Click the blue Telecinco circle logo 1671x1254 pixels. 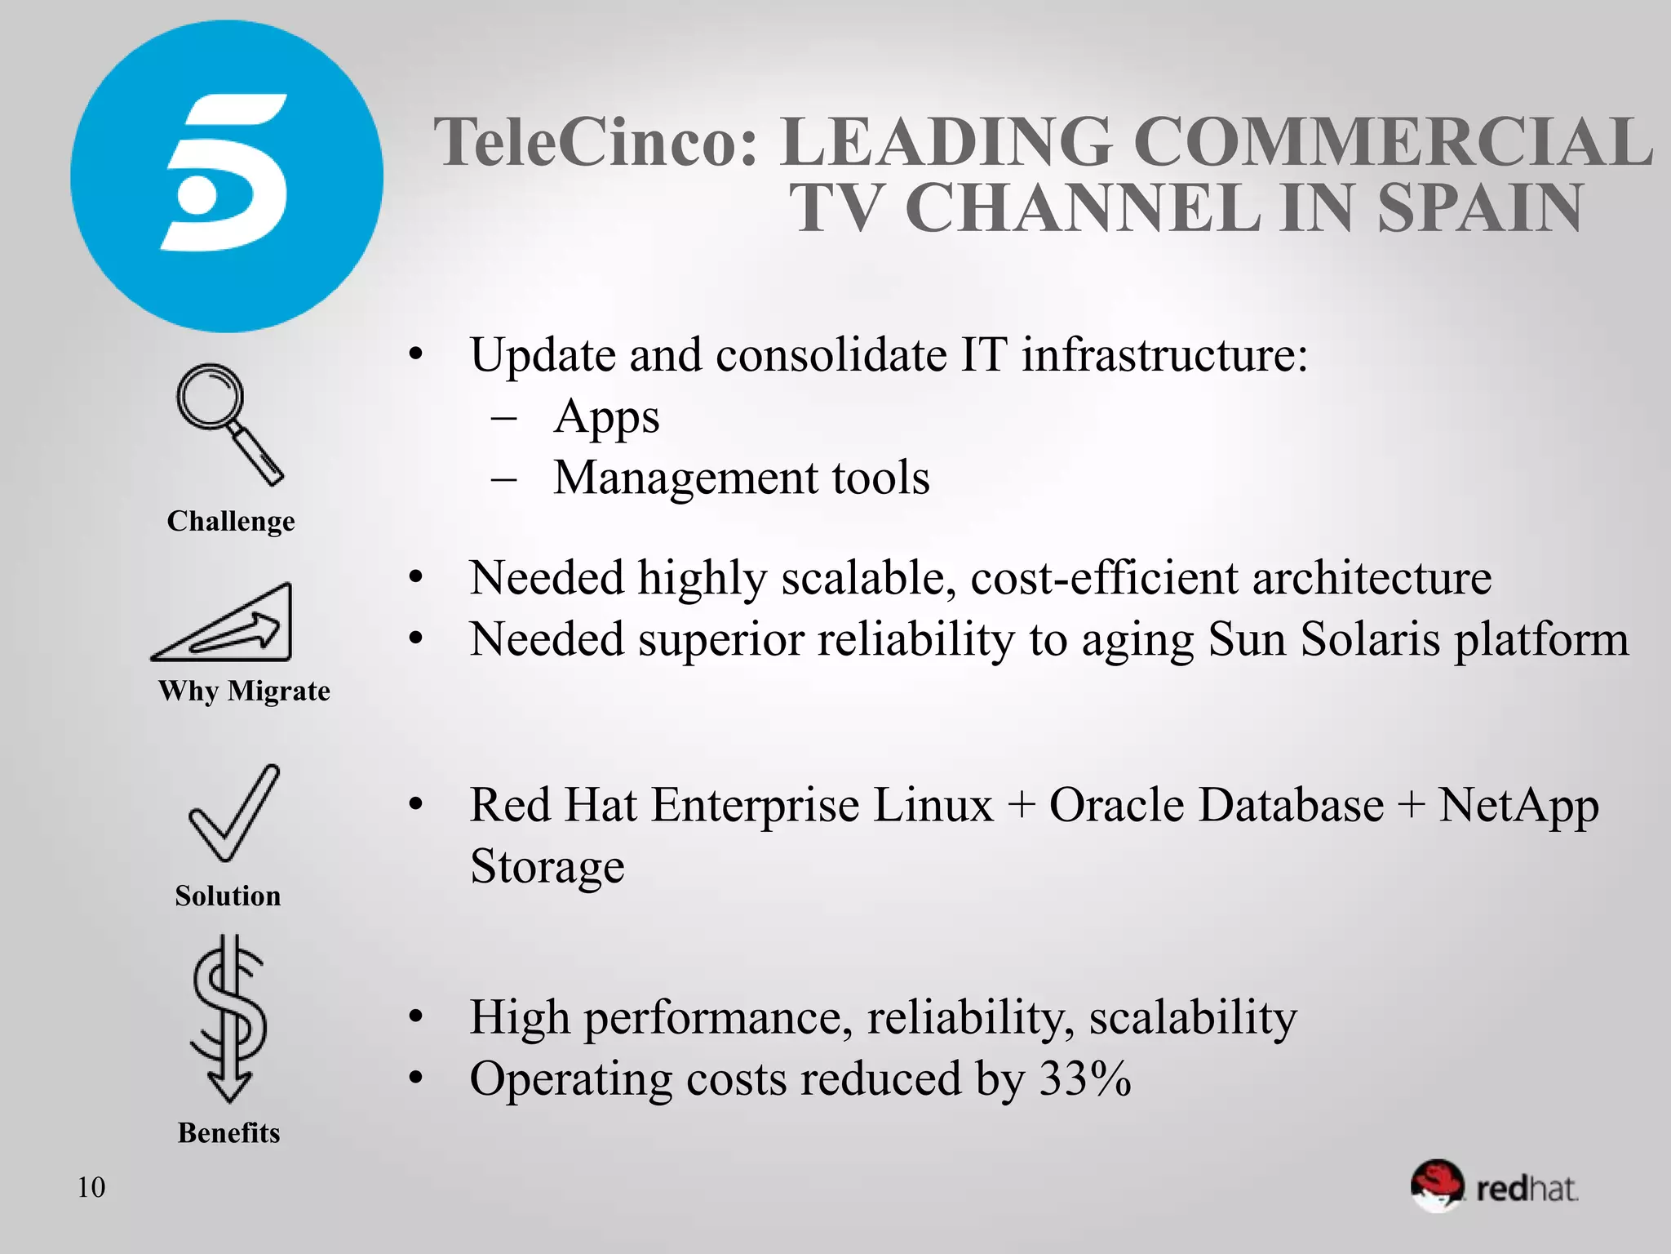(x=226, y=176)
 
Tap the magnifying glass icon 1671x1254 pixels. (x=229, y=423)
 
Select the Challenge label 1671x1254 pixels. (x=231, y=521)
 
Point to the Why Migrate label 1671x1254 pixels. (x=244, y=691)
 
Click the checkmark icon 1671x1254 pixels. (x=233, y=813)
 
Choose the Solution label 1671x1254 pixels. (x=228, y=896)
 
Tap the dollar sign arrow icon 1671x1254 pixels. (x=229, y=1018)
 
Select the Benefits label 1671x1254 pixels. (x=228, y=1133)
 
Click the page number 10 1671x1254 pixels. (x=91, y=1187)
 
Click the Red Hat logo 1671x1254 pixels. (x=1495, y=1186)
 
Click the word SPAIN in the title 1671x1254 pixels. (x=1479, y=208)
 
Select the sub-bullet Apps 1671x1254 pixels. (x=606, y=418)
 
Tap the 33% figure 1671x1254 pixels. (x=1085, y=1078)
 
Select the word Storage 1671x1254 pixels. (x=547, y=867)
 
